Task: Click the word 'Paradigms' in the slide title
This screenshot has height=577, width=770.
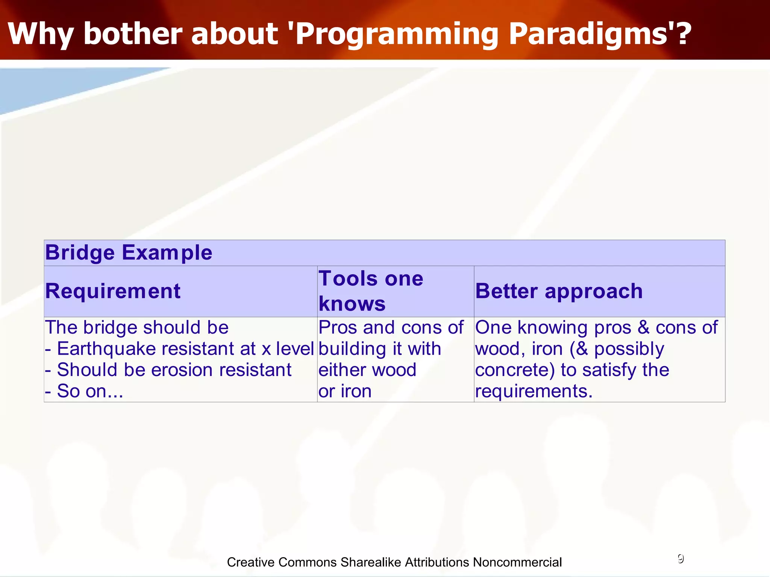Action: coord(585,35)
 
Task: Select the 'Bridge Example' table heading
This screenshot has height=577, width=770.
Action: coord(129,252)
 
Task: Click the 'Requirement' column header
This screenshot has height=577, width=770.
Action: coord(113,291)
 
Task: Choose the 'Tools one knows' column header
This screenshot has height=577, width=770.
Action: coord(371,291)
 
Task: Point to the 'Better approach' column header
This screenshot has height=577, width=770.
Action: coord(559,292)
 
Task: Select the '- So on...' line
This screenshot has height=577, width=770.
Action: coord(84,391)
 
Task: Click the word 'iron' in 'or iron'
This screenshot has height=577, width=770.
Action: coord(356,391)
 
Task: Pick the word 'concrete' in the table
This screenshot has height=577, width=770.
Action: coord(512,370)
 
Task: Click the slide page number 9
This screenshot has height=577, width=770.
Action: coord(681,559)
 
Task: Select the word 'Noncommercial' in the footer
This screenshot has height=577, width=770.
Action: coord(517,562)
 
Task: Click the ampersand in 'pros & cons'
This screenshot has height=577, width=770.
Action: coord(643,328)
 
